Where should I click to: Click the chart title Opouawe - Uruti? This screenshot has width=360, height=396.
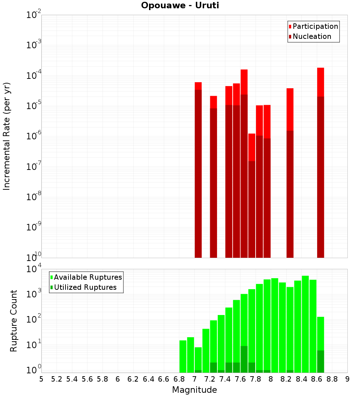[180, 6]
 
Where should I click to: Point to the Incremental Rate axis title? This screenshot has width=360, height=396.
[7, 136]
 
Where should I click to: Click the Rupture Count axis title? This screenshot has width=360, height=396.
[14, 321]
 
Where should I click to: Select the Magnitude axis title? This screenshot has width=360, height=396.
[194, 390]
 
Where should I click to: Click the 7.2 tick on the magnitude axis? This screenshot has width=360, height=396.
[210, 379]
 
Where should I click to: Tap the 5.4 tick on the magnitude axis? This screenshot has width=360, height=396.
[72, 379]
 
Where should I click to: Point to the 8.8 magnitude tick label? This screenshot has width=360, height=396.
[332, 379]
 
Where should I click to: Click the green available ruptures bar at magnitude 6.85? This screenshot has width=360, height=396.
[183, 356]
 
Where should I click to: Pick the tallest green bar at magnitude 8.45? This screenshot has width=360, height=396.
[305, 324]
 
